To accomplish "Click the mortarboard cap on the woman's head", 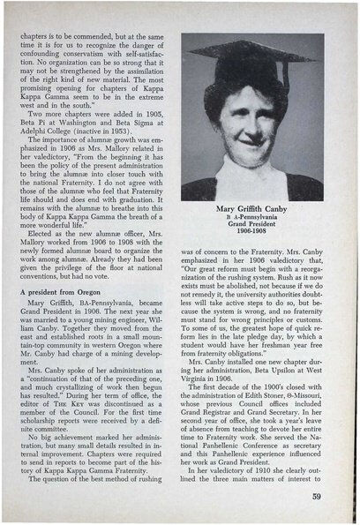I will [x=256, y=56].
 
